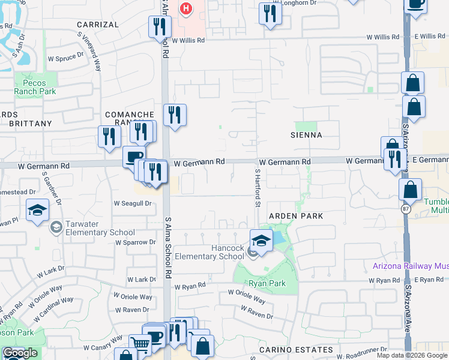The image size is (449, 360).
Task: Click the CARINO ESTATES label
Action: (x=296, y=349)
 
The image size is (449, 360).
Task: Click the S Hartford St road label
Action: (x=257, y=187)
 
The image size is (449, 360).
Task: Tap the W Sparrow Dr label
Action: (x=136, y=242)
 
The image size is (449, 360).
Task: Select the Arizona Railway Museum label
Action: (x=411, y=266)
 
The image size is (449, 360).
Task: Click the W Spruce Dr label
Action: (x=64, y=57)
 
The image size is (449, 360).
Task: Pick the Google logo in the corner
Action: (x=20, y=353)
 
